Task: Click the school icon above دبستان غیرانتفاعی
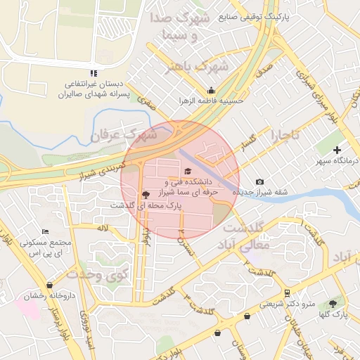coord(94,73)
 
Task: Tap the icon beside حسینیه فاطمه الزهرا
coord(212,90)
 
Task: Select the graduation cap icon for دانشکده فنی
coord(187,171)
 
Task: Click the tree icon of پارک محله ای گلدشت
coord(145,195)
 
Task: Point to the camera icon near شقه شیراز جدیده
coord(260,182)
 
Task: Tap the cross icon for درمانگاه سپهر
coord(337,150)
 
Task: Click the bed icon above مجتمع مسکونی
coord(46,231)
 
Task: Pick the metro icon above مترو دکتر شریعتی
coord(287,292)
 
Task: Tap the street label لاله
coord(102,228)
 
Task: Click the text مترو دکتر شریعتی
coord(288,304)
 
